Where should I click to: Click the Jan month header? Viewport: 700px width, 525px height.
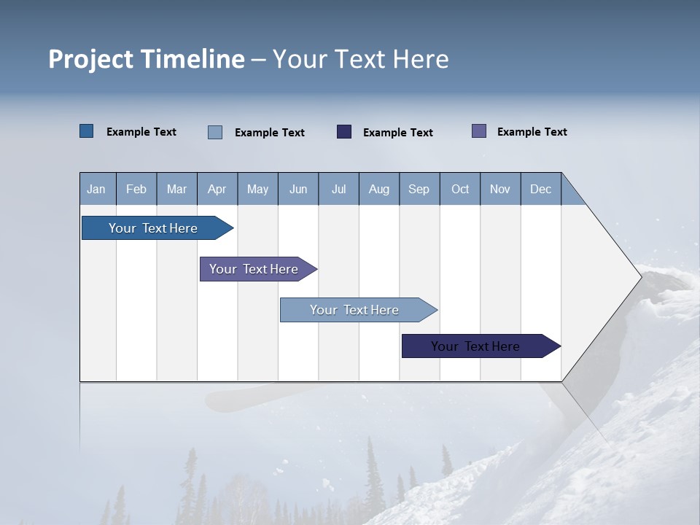pos(97,189)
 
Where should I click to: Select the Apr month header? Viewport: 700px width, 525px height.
pos(217,189)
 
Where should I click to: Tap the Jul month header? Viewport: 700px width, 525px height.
pos(338,189)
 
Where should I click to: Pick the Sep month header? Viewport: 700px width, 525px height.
pos(419,189)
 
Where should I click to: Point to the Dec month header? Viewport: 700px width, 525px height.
pos(540,189)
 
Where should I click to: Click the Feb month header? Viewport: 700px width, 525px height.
pos(136,189)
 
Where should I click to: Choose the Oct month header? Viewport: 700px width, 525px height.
pos(460,189)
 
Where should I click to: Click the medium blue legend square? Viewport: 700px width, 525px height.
pos(87,131)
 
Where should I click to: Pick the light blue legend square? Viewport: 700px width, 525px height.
pos(215,132)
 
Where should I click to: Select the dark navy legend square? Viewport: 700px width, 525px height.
pos(344,132)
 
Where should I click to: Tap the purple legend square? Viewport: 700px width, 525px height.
pos(479,131)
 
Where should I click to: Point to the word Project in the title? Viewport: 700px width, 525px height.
pos(90,59)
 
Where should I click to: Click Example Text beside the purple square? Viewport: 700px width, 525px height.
pos(532,132)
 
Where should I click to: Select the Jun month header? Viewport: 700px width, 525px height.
pos(298,189)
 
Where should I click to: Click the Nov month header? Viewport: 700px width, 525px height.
pos(500,189)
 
